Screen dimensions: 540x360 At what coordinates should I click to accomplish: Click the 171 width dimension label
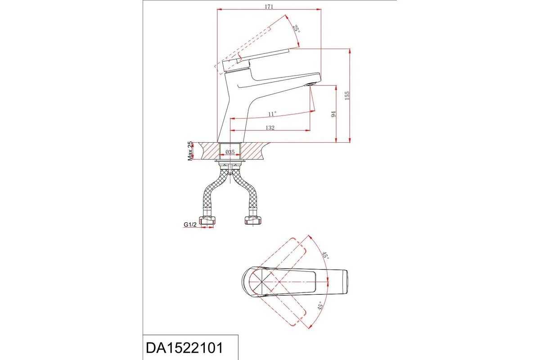click(269, 6)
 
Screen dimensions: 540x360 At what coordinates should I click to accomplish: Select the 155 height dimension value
click(347, 95)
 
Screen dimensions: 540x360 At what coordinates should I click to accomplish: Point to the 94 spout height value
click(333, 114)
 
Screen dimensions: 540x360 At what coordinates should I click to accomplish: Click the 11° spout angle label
click(272, 113)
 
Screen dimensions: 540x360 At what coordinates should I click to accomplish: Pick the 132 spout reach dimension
click(270, 127)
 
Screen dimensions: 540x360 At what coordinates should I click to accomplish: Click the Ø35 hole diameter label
click(230, 152)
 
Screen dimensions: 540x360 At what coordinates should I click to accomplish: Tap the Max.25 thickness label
click(190, 151)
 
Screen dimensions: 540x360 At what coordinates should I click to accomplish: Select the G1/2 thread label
click(190, 225)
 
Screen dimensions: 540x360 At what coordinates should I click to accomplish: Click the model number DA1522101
click(184, 348)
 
